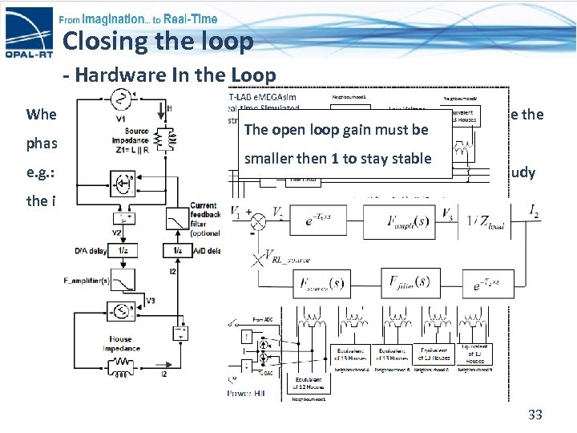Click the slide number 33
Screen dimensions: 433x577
[535, 415]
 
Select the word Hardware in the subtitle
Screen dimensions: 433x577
[118, 75]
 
